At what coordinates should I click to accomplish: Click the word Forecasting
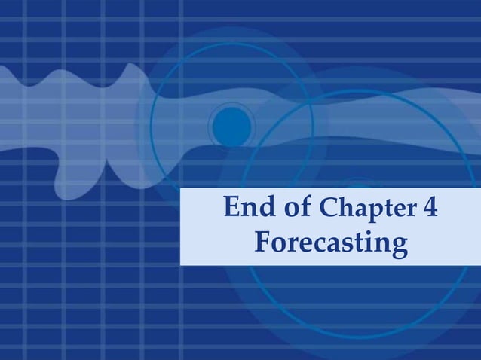tap(331, 243)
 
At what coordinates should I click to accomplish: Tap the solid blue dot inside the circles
tap(232, 124)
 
